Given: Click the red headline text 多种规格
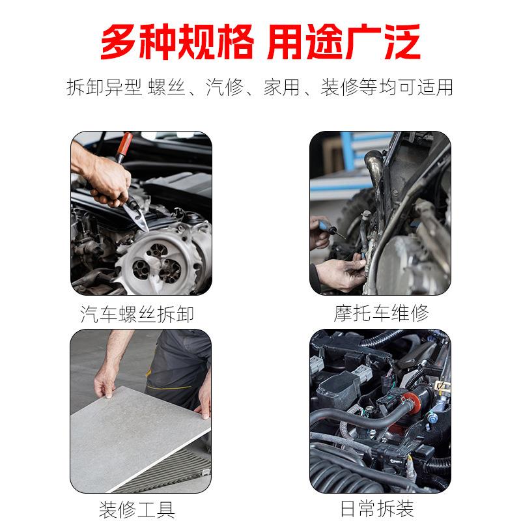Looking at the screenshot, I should point(175,43).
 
